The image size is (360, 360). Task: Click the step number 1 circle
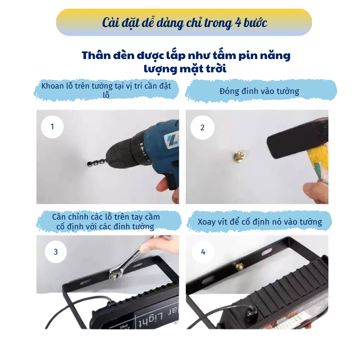click(52, 127)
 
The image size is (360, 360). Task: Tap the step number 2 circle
click(202, 127)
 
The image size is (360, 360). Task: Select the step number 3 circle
click(56, 252)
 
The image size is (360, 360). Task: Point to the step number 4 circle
click(203, 252)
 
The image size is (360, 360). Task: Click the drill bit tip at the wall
click(89, 164)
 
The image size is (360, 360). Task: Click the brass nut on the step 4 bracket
click(239, 267)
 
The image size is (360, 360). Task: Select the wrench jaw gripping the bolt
click(115, 274)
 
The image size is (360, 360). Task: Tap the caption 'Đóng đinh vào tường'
click(259, 91)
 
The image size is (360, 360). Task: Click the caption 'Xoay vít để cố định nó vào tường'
click(260, 222)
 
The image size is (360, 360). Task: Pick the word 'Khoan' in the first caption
click(52, 86)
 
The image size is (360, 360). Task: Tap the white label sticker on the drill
click(171, 140)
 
